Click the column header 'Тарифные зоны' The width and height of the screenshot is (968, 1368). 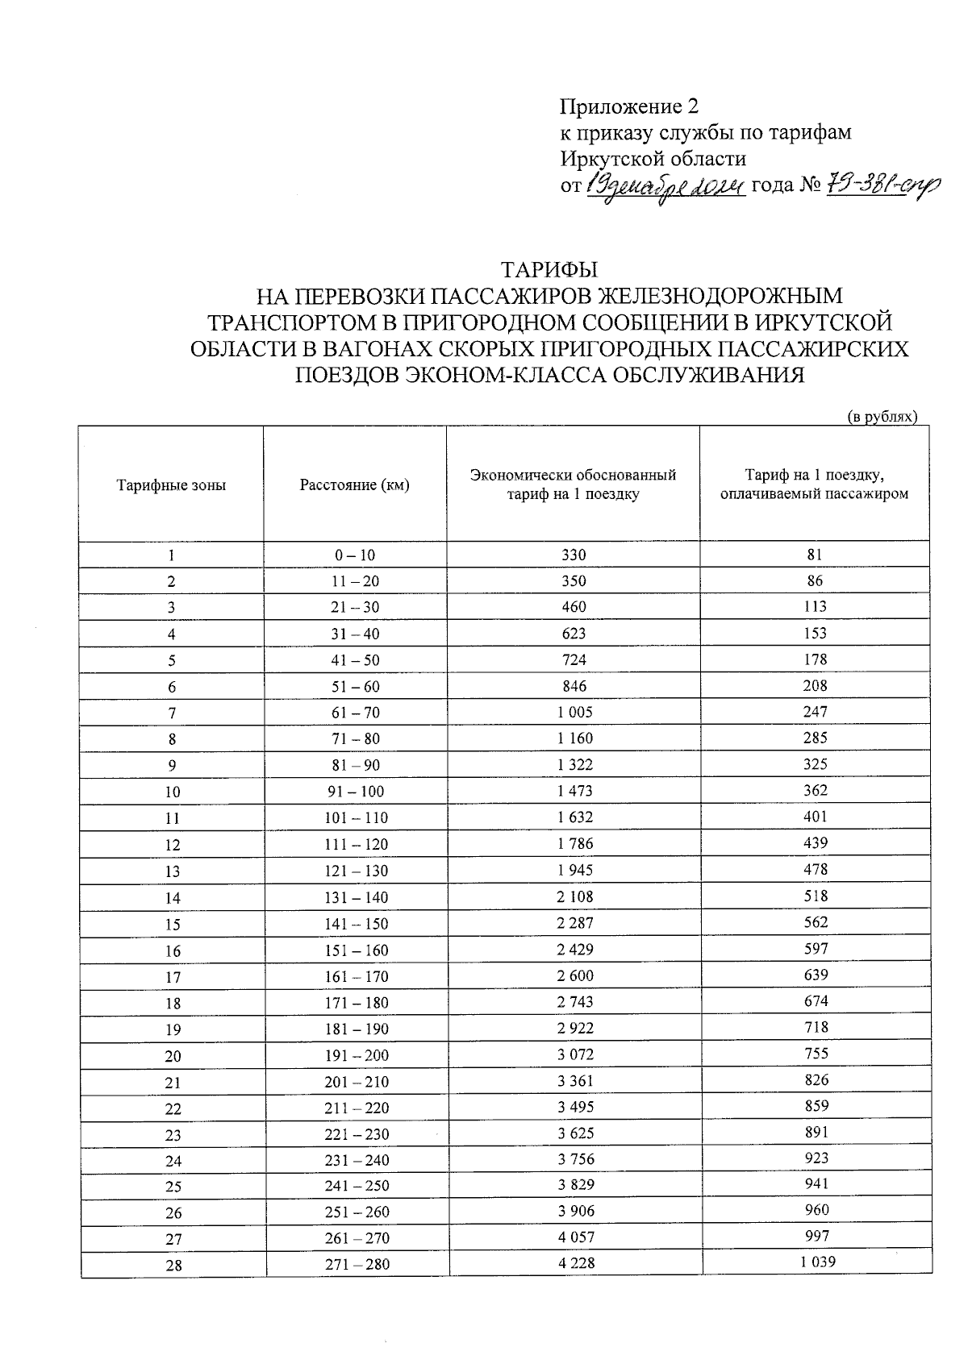pyautogui.click(x=171, y=485)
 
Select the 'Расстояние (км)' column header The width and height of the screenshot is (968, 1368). pyautogui.click(x=354, y=485)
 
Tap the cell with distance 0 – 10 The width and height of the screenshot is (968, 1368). pyautogui.click(x=355, y=555)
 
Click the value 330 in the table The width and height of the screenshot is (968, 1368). pyautogui.click(x=574, y=555)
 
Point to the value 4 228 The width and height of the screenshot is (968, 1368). pyautogui.click(x=576, y=1263)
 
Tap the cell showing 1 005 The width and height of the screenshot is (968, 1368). pyautogui.click(x=574, y=712)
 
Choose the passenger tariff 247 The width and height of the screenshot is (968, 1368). pyautogui.click(x=816, y=712)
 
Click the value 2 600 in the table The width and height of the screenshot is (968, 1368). pyautogui.click(x=575, y=975)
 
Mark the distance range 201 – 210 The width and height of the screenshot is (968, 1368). pyautogui.click(x=357, y=1082)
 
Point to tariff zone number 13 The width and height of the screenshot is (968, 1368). pyautogui.click(x=173, y=871)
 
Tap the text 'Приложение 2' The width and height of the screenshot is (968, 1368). pyautogui.click(x=628, y=106)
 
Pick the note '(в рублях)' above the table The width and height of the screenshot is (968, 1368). pyautogui.click(x=882, y=417)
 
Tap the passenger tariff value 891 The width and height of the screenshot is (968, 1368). pyautogui.click(x=816, y=1132)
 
